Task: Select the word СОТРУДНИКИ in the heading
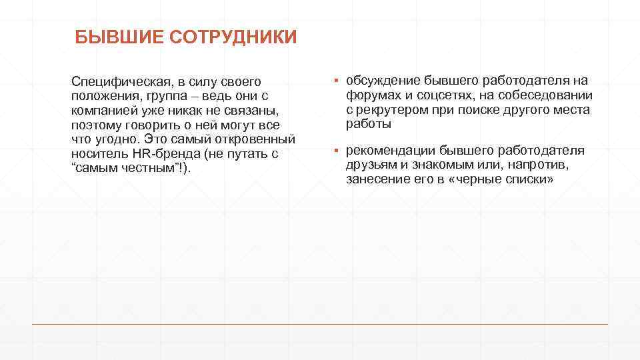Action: click(233, 37)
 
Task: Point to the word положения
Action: click(101, 96)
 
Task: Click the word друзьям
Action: click(371, 165)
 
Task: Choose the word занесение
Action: click(375, 180)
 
